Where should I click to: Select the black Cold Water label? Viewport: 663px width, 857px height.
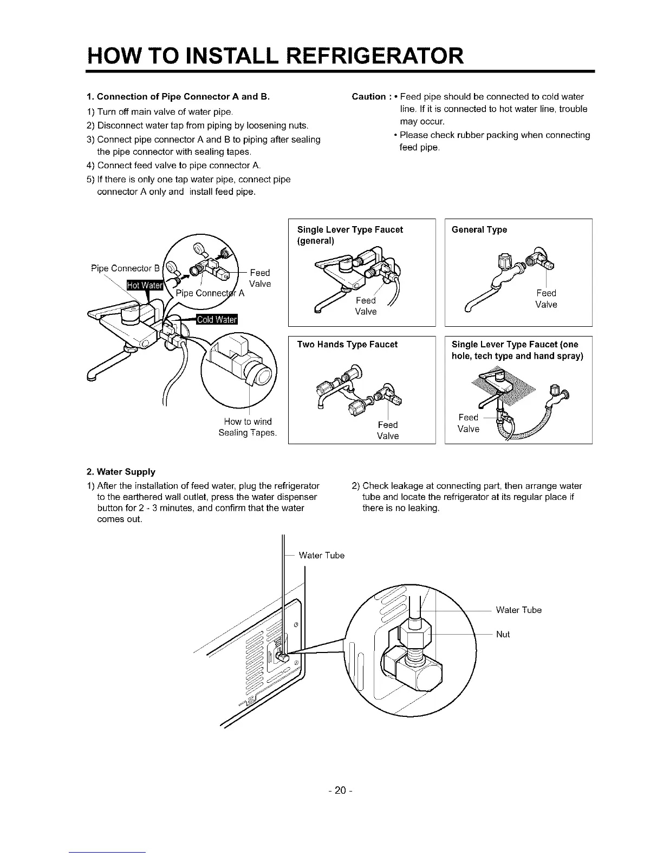[217, 319]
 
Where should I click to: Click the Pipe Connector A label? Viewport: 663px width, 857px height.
[211, 293]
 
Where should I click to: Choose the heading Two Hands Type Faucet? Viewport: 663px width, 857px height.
[347, 345]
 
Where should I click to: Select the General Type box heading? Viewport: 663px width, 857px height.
[479, 230]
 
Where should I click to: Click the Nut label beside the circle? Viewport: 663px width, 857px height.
[503, 634]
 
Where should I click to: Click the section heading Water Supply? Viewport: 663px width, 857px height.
[121, 472]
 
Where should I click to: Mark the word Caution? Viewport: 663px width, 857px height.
[369, 97]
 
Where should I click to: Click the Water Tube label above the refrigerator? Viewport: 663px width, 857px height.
[321, 555]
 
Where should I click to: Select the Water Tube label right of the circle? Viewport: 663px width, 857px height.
[518, 610]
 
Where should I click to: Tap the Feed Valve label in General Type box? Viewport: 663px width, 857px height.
[546, 299]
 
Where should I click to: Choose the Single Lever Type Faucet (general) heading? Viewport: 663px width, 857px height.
[350, 235]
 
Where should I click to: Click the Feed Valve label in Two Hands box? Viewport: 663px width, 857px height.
[388, 430]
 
